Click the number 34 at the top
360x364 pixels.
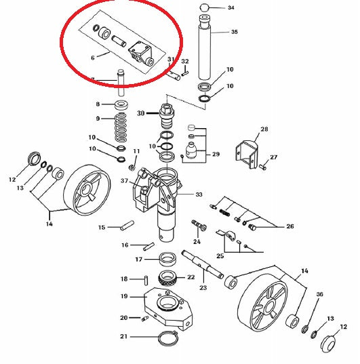(231, 8)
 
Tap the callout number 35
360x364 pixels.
(235, 32)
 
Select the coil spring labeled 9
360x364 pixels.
(121, 125)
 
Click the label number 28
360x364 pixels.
(264, 129)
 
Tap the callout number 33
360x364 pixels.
(199, 195)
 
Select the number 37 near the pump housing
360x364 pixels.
(124, 181)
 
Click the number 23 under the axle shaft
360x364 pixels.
(203, 287)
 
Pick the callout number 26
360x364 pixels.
(290, 227)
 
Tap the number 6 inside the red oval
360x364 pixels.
(93, 58)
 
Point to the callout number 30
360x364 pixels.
(141, 113)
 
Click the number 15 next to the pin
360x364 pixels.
(101, 227)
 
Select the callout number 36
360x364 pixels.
(320, 294)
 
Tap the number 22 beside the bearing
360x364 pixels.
(191, 277)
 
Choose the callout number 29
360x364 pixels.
(216, 155)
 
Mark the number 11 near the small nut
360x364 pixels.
(136, 150)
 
